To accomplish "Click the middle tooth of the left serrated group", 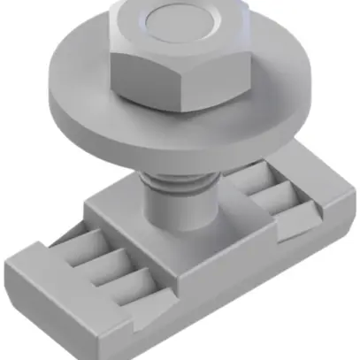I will [x=98, y=259].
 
